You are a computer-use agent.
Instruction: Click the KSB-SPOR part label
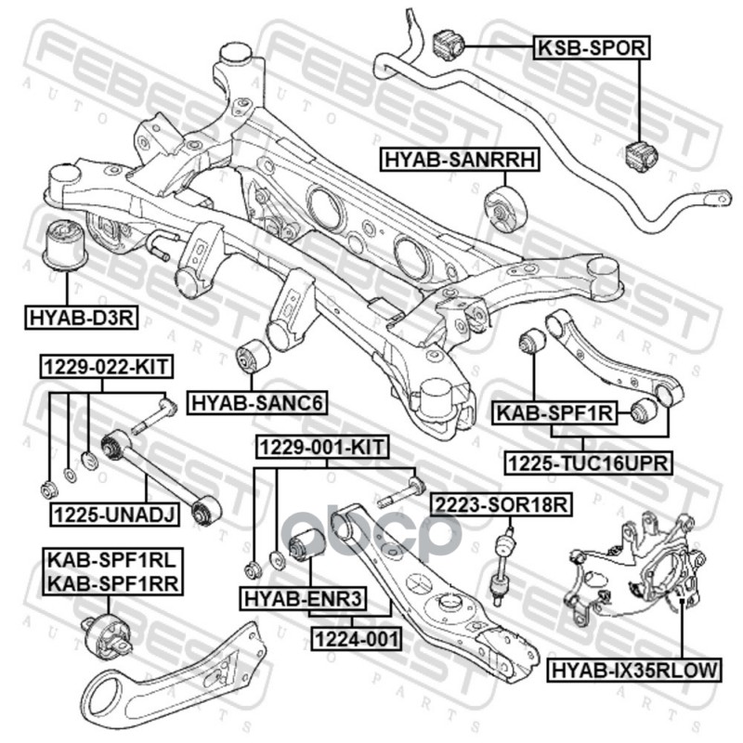pos(589,46)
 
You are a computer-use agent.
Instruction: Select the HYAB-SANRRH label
pos(459,161)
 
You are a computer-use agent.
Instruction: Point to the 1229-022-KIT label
pos(105,367)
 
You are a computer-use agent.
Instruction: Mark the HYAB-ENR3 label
pos(301,598)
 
